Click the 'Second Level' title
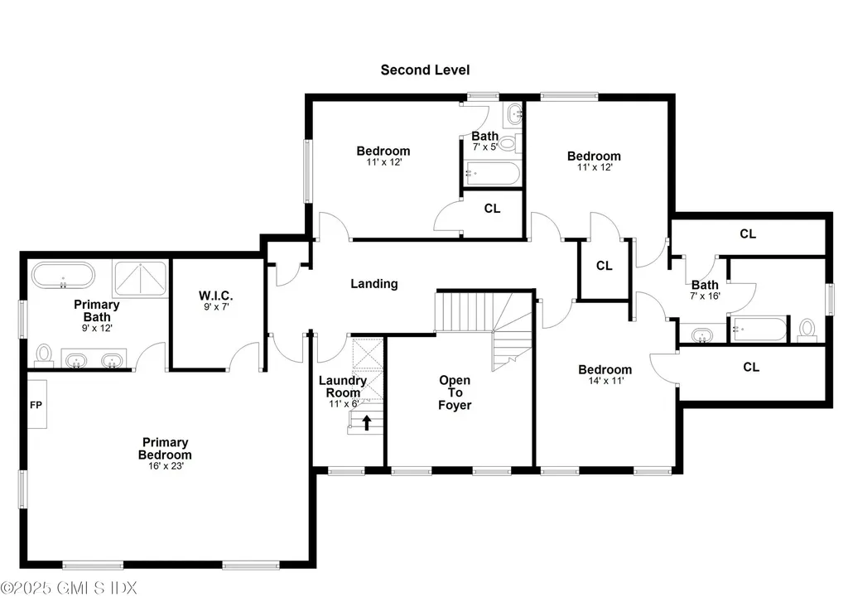(x=425, y=70)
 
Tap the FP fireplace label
(x=36, y=406)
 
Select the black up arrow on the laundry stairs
(x=365, y=423)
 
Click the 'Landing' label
(x=374, y=283)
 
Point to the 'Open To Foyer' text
(x=455, y=392)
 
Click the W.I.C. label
(x=216, y=296)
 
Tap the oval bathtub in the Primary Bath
(x=63, y=275)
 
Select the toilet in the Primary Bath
(x=44, y=355)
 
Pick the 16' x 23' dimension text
(x=165, y=466)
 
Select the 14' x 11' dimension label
(x=605, y=381)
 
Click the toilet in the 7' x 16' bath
(x=807, y=330)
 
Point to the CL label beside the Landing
(x=605, y=266)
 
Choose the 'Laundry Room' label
(x=340, y=387)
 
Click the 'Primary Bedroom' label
(x=165, y=449)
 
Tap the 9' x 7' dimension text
(x=216, y=308)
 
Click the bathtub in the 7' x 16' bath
(x=757, y=330)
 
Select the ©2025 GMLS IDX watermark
(x=70, y=588)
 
